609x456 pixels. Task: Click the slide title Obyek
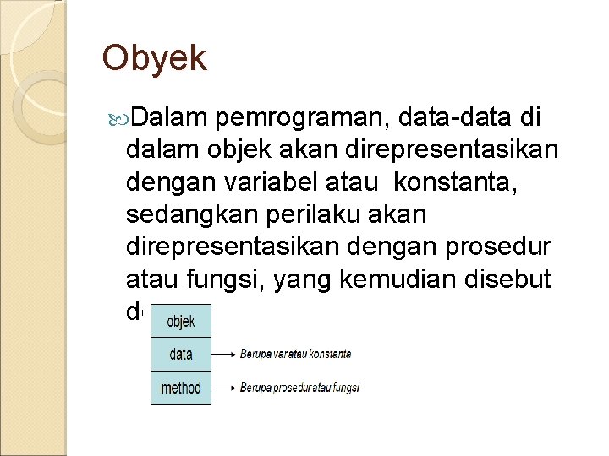pos(153,59)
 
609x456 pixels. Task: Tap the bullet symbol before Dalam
pos(119,115)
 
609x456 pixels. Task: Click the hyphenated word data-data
pos(458,115)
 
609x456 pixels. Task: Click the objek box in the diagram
pos(181,322)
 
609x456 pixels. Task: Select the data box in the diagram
pos(181,355)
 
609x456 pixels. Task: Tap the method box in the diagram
pos(181,388)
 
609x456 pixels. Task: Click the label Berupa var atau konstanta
pos(296,355)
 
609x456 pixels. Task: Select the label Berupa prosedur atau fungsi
pos(299,388)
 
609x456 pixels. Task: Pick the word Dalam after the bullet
pos(169,115)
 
